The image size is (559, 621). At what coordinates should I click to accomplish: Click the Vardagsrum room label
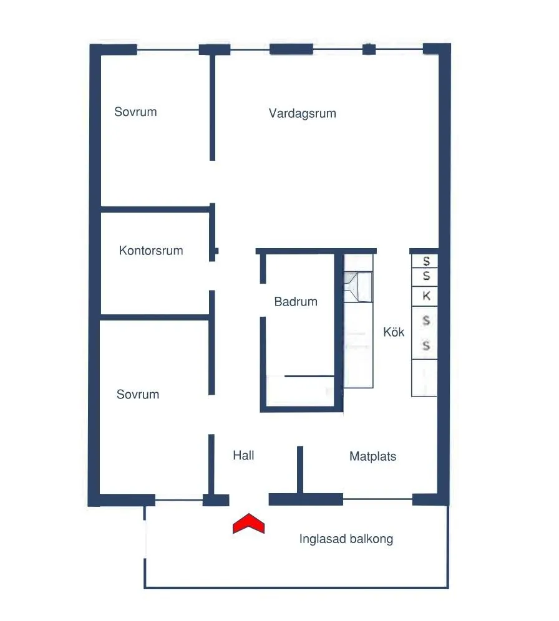click(x=303, y=113)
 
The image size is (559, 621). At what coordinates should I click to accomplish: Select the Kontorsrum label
click(x=151, y=251)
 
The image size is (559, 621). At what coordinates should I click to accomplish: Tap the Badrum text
click(x=296, y=302)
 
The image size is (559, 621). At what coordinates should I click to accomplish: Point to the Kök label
click(x=394, y=332)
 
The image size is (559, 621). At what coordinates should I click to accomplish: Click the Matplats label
click(x=372, y=456)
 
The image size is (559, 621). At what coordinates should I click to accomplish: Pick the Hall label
click(x=243, y=455)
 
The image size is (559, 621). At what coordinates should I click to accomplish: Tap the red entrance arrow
click(x=249, y=524)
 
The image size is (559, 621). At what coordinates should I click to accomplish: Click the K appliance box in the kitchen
click(x=426, y=296)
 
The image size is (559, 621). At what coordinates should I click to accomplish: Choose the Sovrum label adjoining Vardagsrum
click(x=135, y=112)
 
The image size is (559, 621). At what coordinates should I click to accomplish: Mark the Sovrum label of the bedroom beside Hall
click(x=138, y=395)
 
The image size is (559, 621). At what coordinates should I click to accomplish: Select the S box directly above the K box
click(x=426, y=276)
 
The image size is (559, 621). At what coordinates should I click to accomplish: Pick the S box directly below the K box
click(x=426, y=320)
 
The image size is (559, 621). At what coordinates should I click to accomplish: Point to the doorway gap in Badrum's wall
click(x=263, y=301)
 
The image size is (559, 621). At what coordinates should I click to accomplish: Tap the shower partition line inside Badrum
click(x=310, y=376)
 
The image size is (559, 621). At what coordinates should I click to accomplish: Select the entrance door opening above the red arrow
click(x=249, y=499)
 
